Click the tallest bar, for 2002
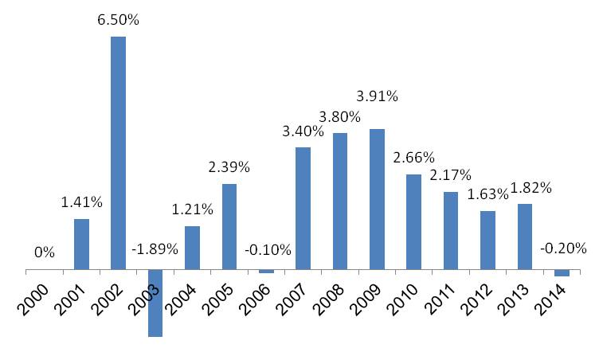(x=118, y=154)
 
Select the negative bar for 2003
(x=155, y=303)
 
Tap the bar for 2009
(x=377, y=200)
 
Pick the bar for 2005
(x=229, y=228)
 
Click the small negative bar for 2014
(x=562, y=273)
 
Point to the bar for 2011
(x=451, y=231)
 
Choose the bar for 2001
(x=81, y=245)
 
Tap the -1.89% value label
(x=155, y=248)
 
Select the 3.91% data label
(x=377, y=96)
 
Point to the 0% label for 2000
(x=45, y=252)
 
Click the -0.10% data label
(x=266, y=250)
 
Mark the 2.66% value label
(x=414, y=158)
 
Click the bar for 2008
(x=340, y=202)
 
